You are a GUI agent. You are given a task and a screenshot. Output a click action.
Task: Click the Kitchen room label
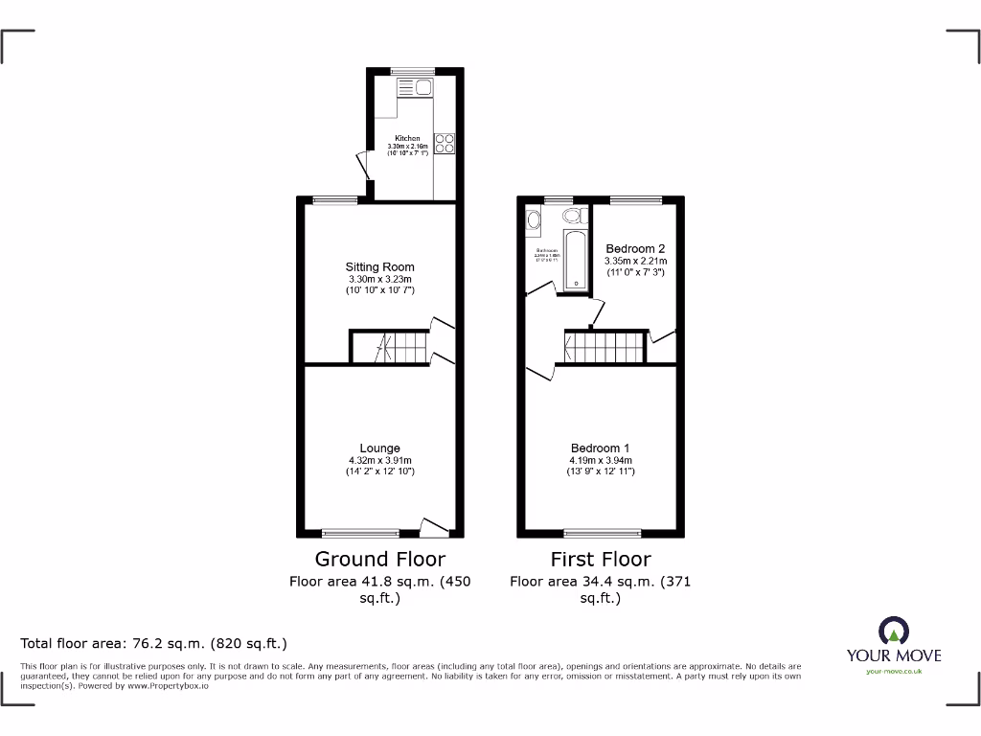[407, 138]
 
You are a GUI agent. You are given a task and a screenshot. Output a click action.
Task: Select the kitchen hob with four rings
[445, 144]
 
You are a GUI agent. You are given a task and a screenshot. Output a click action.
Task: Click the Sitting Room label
[380, 267]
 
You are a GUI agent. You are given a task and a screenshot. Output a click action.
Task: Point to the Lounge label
[380, 448]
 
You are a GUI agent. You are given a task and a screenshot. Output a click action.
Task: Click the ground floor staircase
[388, 347]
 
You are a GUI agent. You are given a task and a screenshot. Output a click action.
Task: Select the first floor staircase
[605, 347]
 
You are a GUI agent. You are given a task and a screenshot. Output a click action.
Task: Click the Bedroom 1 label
[601, 448]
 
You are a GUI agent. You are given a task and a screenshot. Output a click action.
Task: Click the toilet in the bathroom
[573, 216]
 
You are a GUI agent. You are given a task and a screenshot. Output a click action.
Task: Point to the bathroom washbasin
[533, 221]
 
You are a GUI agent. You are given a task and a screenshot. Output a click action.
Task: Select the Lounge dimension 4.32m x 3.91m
[380, 460]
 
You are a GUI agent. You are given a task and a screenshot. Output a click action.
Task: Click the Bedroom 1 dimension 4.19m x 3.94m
[601, 460]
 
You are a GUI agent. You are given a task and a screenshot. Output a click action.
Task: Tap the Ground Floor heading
[380, 559]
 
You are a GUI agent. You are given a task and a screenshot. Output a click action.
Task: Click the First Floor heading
[601, 559]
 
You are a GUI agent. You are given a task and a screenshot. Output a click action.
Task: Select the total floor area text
[154, 643]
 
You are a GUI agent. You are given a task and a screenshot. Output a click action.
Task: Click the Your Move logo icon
[893, 631]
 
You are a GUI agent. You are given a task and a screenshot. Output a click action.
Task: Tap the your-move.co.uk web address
[893, 672]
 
